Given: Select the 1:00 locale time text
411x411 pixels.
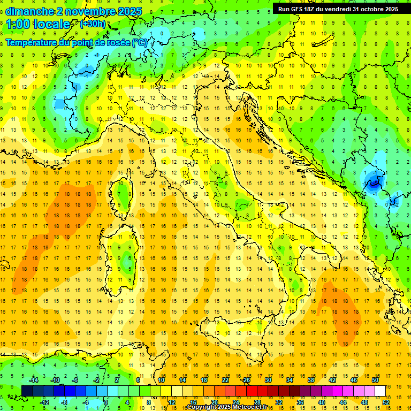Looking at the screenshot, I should click(x=38, y=24).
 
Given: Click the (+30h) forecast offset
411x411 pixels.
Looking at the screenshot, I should click(x=93, y=24).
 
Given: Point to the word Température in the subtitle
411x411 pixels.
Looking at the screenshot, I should click(x=33, y=41).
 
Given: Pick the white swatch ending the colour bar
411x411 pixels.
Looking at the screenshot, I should click(x=380, y=391).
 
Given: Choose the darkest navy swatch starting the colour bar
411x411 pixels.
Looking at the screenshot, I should click(x=27, y=391).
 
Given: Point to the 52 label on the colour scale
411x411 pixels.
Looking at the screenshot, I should click(x=386, y=402).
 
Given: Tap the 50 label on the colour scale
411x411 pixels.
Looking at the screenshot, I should click(x=375, y=380).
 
